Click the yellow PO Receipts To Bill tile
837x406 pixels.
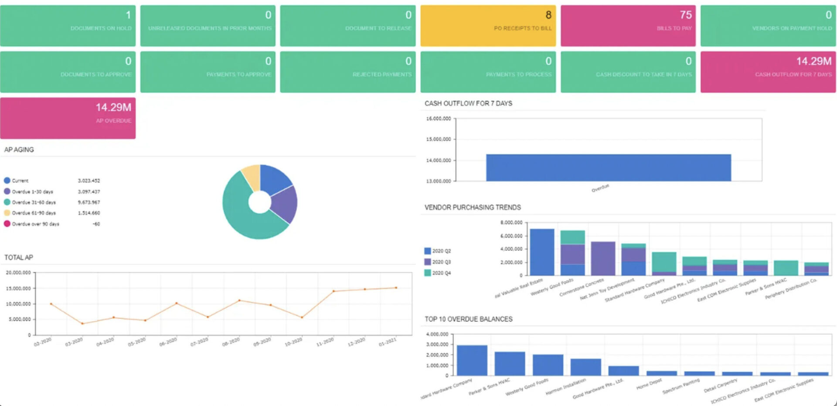click(x=488, y=26)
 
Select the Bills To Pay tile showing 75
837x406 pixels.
click(x=628, y=26)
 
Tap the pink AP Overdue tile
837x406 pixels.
click(x=68, y=118)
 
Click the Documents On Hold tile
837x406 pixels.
click(x=68, y=26)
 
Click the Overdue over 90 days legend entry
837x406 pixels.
click(x=35, y=224)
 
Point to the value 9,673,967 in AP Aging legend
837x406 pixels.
click(x=88, y=202)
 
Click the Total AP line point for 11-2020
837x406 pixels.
click(x=334, y=291)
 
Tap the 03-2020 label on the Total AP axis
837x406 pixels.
click(x=74, y=342)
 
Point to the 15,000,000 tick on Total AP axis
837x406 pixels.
click(x=18, y=288)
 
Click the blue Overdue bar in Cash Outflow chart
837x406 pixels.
click(x=608, y=168)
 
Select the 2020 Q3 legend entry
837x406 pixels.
click(x=438, y=262)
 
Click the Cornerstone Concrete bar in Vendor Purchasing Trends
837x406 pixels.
click(x=603, y=258)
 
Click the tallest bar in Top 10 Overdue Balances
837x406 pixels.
click(x=472, y=360)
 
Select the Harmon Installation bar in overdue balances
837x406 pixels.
click(x=585, y=367)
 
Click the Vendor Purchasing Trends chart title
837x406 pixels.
click(x=473, y=207)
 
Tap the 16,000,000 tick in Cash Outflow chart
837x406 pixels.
click(x=438, y=118)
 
